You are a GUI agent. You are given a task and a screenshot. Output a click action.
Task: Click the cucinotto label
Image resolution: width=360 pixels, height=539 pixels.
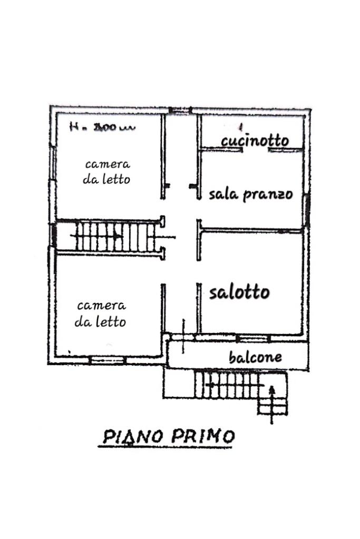[255, 141]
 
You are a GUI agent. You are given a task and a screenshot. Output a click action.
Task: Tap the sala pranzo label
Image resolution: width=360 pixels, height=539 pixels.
[250, 194]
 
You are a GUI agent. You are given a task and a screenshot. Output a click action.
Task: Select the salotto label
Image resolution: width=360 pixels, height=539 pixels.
[239, 292]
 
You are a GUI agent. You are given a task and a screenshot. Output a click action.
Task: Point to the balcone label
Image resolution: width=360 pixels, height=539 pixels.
[255, 357]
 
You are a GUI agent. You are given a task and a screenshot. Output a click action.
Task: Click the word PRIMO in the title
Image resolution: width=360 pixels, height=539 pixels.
[202, 436]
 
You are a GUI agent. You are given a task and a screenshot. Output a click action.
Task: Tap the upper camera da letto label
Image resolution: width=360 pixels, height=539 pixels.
[106, 172]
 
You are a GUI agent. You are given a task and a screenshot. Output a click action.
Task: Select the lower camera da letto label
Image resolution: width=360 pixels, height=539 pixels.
[101, 313]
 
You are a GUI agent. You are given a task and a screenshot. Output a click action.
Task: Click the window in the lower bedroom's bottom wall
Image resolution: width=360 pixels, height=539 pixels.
[106, 360]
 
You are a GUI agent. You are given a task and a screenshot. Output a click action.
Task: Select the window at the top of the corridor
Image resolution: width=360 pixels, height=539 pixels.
[180, 111]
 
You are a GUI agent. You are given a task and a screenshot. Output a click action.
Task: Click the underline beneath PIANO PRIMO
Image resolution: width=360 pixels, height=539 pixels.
[166, 447]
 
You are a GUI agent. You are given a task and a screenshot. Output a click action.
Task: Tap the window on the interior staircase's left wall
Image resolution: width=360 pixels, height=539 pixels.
[54, 236]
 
